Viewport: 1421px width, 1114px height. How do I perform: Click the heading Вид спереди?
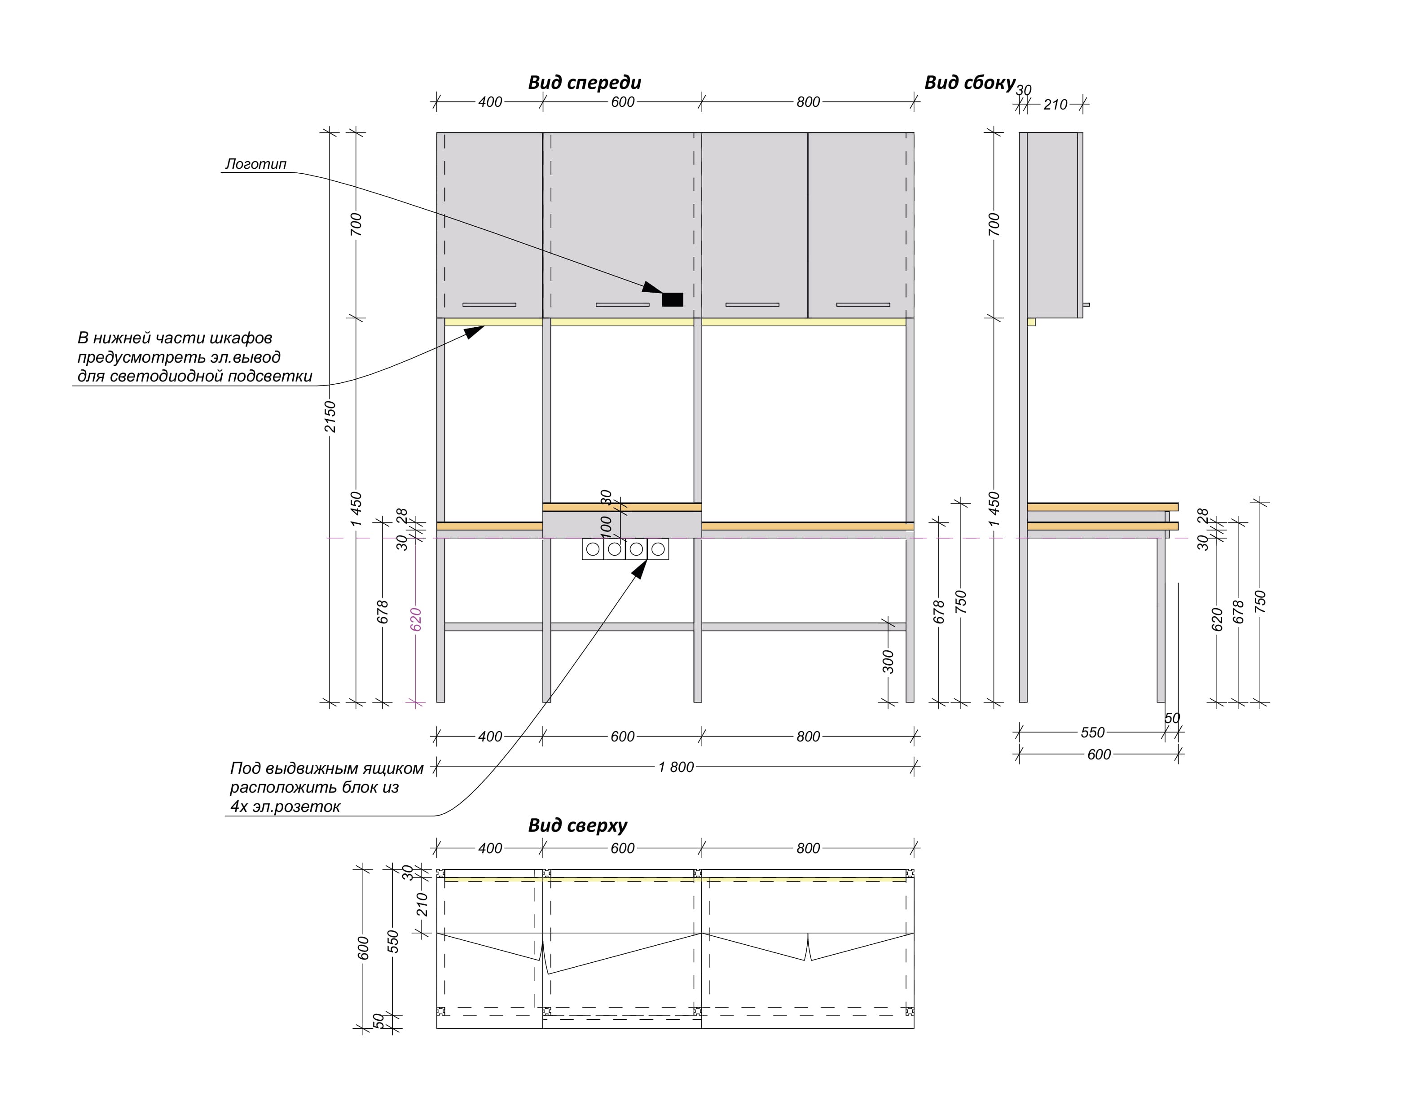pyautogui.click(x=584, y=83)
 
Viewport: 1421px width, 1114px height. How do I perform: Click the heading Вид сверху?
pyautogui.click(x=577, y=826)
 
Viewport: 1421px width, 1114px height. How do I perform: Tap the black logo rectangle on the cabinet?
pyautogui.click(x=673, y=299)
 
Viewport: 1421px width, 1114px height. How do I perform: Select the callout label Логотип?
pyautogui.click(x=256, y=164)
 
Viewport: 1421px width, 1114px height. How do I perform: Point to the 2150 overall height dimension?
pyautogui.click(x=330, y=416)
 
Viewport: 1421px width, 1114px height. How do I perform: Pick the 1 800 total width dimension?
pyautogui.click(x=676, y=767)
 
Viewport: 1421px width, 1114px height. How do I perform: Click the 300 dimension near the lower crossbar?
pyautogui.click(x=888, y=662)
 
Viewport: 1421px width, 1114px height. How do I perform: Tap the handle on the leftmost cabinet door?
pyautogui.click(x=489, y=305)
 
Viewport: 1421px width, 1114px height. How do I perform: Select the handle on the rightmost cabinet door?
pyautogui.click(x=863, y=305)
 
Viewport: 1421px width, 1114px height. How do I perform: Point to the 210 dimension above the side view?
pyautogui.click(x=1055, y=105)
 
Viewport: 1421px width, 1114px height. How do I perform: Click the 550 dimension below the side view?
pyautogui.click(x=1092, y=732)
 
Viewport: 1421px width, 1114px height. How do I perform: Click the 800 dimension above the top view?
pyautogui.click(x=808, y=849)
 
